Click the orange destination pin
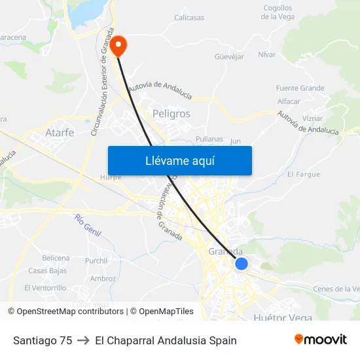coord(119,45)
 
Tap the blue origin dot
coord(242,264)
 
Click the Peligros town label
coord(171,114)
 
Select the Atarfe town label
coord(60,132)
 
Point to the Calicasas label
coord(189,18)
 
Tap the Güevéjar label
coord(229,57)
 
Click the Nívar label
coord(267,54)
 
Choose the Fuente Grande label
coord(300,88)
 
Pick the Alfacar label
coord(289,101)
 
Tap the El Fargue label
coord(304,175)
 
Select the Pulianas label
coord(209,139)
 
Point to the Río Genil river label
coord(88,226)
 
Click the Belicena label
coord(56,258)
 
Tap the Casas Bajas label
coord(47,271)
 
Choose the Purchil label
coord(96,261)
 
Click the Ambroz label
coord(103,278)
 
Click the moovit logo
coord(320,340)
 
